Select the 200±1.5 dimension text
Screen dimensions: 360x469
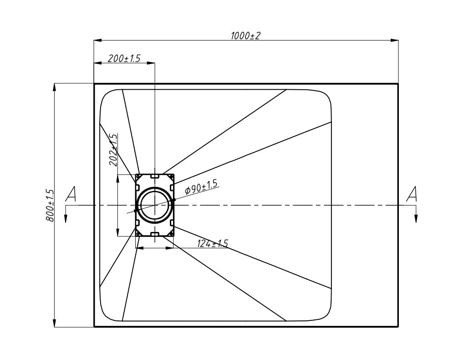pos(124,58)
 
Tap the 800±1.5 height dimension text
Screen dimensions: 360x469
pos(50,206)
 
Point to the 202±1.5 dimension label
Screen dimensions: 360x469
pos(114,150)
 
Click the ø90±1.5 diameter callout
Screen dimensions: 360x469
pos(201,187)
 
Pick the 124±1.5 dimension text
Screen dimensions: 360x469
pos(212,244)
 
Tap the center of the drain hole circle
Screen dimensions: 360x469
pos(154,206)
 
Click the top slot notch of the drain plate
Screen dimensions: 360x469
pos(154,175)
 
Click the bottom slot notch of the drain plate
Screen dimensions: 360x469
pos(154,234)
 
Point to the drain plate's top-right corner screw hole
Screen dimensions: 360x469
pos(172,176)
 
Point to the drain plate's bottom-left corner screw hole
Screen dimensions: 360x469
pos(138,234)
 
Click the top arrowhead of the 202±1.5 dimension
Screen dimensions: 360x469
pos(118,178)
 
